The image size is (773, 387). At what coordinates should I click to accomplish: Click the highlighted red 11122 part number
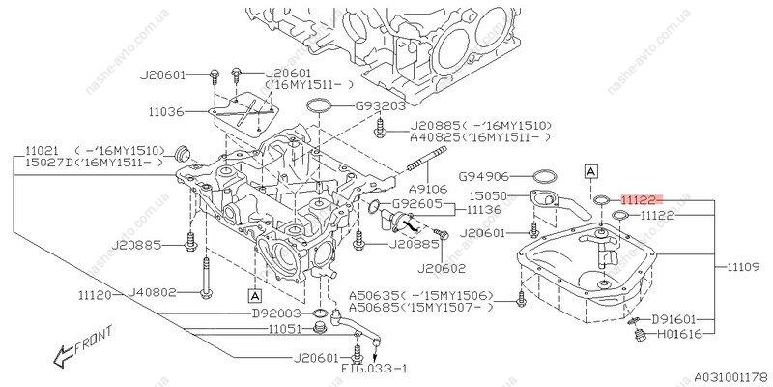point(639,200)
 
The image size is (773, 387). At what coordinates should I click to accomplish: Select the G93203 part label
point(381,105)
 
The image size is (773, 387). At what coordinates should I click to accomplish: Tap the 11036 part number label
point(166,112)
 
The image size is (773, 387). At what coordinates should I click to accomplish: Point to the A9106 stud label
point(427,189)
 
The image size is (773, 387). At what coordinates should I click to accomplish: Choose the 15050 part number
point(488,196)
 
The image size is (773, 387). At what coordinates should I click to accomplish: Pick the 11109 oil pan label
point(744,267)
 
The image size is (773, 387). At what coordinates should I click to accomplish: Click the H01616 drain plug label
point(679,335)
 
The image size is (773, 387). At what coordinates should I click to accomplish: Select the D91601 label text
point(673,319)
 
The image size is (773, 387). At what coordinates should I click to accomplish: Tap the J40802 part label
point(152,293)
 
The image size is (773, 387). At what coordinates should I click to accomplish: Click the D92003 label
point(276,313)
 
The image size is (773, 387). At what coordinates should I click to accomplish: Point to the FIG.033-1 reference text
point(375,369)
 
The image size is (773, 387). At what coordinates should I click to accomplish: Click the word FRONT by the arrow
point(94,341)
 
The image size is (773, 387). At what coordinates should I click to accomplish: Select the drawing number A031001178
point(730,376)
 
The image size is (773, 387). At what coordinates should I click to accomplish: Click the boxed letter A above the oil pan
point(591,171)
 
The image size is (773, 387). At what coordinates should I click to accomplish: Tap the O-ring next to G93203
point(319,105)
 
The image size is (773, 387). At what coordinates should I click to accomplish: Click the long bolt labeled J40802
point(206,277)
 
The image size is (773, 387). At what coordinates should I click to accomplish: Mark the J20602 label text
point(441,270)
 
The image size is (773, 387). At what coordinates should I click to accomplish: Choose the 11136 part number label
point(484,210)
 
